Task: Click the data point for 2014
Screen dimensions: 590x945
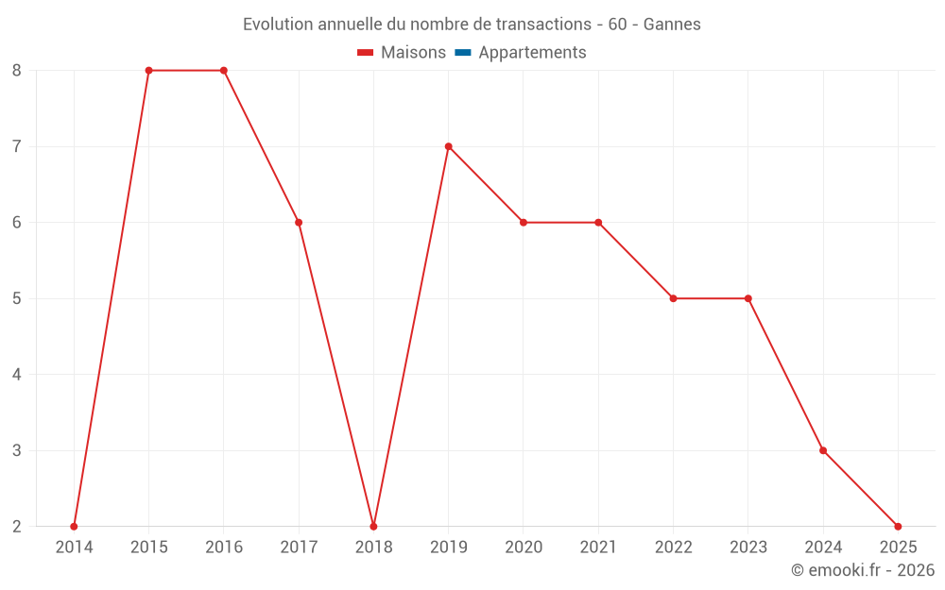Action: (74, 526)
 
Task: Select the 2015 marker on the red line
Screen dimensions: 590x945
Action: (148, 71)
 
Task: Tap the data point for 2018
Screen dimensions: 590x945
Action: (373, 526)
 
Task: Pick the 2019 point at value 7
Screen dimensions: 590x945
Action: (448, 146)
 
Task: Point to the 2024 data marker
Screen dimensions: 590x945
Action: (823, 450)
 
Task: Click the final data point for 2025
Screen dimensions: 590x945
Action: (898, 526)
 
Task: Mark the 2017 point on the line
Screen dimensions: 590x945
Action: (299, 223)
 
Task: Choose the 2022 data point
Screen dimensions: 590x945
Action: (673, 298)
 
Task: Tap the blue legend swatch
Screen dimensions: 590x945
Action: (462, 53)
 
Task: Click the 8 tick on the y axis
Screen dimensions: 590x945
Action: (17, 71)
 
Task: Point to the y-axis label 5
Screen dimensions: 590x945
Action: (17, 298)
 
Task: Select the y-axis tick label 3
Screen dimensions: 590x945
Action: (17, 450)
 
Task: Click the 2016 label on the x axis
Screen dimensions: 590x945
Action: (224, 548)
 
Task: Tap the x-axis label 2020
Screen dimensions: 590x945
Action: (524, 548)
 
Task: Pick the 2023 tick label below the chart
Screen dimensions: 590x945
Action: (747, 548)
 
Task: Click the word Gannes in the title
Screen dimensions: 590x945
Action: (672, 25)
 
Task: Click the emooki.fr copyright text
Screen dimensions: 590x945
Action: (863, 570)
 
